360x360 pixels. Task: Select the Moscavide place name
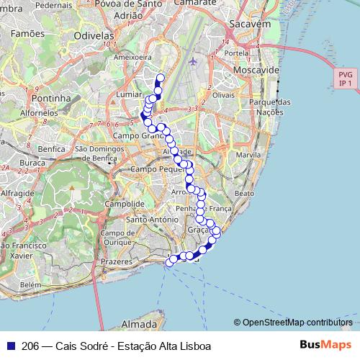(256, 71)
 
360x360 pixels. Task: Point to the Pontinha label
(50, 98)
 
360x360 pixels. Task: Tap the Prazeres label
(117, 262)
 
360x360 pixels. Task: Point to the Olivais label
(224, 95)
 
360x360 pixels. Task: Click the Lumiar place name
(129, 94)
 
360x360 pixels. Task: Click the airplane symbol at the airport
(192, 61)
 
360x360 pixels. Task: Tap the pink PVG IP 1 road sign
(346, 78)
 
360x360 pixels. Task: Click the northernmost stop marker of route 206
(160, 78)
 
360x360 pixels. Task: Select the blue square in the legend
(10, 346)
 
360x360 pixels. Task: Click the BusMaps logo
(326, 345)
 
